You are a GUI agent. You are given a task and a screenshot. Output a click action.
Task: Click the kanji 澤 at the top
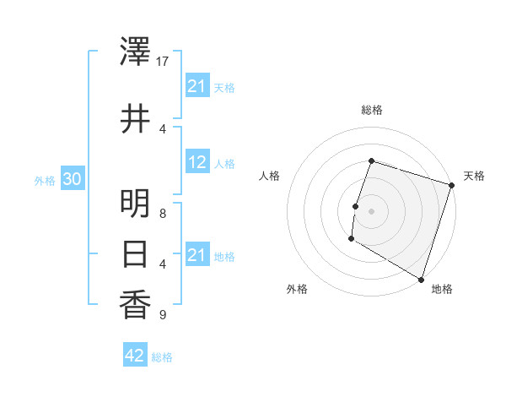point(135,52)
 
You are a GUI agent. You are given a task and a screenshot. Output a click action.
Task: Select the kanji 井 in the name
point(135,119)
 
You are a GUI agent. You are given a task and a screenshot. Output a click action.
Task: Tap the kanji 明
point(135,204)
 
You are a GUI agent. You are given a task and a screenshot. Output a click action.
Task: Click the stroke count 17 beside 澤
point(163,62)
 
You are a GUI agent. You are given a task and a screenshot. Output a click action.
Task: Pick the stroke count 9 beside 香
point(162,315)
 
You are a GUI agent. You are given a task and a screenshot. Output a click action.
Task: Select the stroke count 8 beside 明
point(162,213)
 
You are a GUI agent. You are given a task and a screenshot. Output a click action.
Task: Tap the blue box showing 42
point(135,356)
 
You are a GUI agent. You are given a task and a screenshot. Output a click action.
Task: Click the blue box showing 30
point(72,179)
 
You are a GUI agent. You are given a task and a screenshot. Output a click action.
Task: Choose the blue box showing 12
point(197,162)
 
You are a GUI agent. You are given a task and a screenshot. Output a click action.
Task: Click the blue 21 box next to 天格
point(197,86)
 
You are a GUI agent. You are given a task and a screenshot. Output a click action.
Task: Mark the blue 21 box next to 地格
point(197,255)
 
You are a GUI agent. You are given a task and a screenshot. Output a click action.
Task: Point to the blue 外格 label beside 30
point(45,180)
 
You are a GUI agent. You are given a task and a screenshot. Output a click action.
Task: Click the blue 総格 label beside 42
point(162,357)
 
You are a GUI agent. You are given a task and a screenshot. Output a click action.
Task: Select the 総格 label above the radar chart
point(371,110)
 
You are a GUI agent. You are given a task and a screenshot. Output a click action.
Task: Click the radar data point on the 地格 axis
point(421,279)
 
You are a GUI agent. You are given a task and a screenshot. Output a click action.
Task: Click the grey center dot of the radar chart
point(371,210)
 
